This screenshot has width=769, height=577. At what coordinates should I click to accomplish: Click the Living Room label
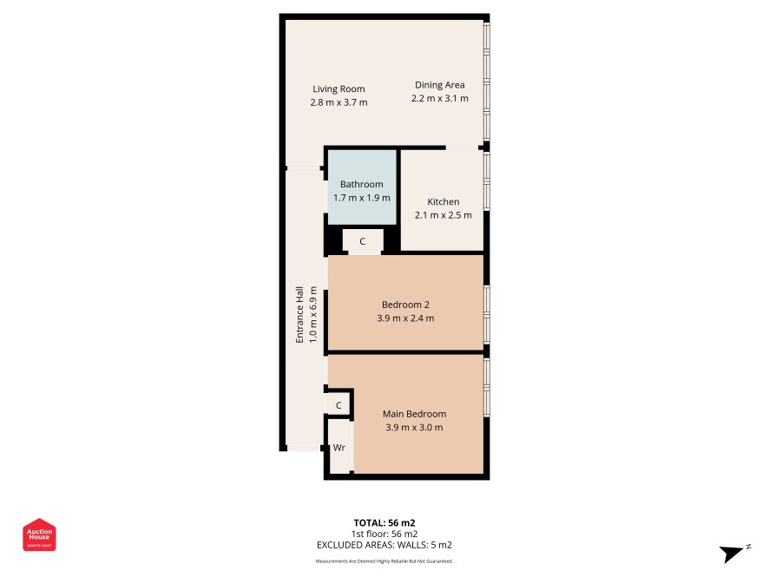[338, 89]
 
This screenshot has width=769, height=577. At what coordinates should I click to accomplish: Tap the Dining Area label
[439, 85]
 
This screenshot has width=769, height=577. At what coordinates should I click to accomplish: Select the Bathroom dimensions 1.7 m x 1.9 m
[362, 198]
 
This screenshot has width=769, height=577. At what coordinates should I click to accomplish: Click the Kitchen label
[444, 201]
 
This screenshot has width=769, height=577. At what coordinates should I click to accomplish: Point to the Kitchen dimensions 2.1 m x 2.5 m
[444, 215]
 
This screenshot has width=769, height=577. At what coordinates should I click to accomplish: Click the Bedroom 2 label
[405, 305]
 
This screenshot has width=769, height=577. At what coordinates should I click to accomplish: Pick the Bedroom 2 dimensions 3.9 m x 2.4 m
[405, 318]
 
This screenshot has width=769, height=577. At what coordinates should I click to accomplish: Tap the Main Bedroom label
[414, 414]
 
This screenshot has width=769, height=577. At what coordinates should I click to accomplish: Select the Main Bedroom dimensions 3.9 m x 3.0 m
[414, 428]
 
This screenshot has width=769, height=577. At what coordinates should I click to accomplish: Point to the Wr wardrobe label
[338, 448]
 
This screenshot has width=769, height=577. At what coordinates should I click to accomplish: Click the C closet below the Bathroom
[363, 241]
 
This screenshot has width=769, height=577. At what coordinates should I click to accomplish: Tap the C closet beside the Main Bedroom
[338, 405]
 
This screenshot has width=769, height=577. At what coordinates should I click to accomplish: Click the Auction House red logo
[39, 534]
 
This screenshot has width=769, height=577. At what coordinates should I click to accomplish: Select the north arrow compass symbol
[734, 554]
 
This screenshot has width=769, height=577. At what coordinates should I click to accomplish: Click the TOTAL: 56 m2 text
[384, 523]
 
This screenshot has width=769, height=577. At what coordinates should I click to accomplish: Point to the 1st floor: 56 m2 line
[384, 534]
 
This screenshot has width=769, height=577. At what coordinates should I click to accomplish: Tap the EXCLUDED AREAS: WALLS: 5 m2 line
[384, 545]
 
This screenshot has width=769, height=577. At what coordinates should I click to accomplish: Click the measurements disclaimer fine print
[384, 561]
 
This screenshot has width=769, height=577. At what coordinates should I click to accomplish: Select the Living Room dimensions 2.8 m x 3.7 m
[338, 102]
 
